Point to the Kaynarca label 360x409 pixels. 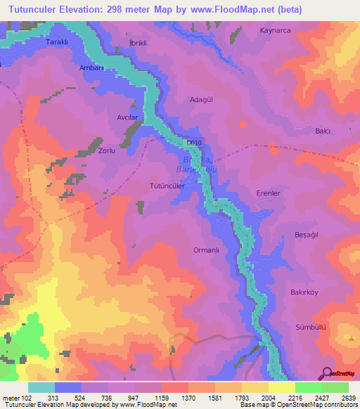276,31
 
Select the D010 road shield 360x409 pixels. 195,143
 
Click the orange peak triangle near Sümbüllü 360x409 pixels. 351,338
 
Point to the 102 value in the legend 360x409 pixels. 25,397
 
